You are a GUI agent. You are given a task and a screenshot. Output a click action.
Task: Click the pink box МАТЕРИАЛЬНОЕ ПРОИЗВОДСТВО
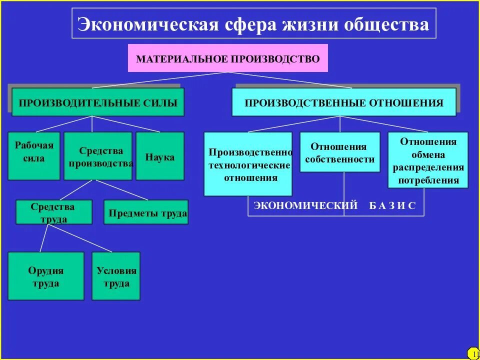228,58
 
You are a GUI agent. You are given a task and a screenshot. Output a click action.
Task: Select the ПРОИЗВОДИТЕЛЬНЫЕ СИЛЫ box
98,102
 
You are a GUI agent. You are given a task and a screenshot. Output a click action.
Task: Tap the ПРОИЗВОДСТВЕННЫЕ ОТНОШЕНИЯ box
344,102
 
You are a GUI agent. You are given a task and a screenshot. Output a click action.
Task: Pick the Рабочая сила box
34,155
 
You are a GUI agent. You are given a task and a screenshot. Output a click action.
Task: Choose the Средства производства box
98,155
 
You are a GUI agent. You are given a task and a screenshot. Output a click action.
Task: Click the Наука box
160,155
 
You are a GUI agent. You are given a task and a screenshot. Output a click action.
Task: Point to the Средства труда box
54,212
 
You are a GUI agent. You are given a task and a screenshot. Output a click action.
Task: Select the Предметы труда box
146,212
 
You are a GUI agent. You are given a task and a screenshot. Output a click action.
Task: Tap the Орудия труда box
46,276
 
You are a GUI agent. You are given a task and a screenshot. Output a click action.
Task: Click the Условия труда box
116,276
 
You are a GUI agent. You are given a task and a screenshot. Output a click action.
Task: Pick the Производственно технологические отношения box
248,164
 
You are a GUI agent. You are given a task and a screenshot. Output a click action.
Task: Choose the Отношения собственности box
340,152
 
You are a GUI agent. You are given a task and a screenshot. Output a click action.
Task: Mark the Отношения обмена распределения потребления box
428,160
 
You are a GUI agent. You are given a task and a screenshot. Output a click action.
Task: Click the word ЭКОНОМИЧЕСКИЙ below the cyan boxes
305,205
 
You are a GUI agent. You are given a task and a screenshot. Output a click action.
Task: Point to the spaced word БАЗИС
392,205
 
